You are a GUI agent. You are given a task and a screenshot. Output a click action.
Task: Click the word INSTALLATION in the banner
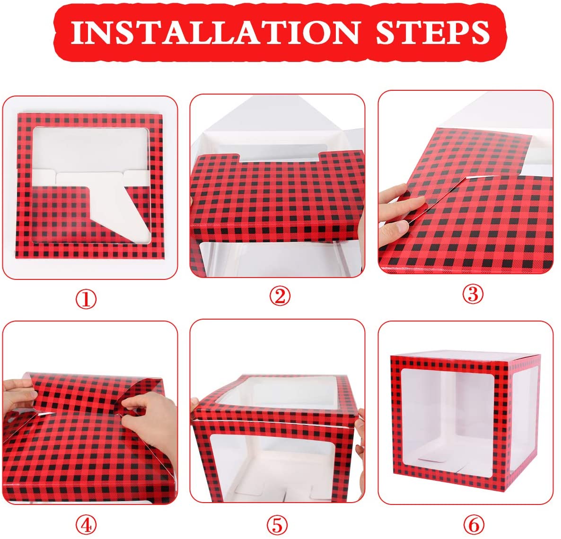215,32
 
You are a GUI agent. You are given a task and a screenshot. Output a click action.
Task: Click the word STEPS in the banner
432,32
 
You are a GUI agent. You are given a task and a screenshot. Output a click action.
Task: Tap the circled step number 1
86,299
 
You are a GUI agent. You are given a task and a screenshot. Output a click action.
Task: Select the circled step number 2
280,296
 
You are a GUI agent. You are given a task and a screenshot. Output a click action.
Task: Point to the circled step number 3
473,294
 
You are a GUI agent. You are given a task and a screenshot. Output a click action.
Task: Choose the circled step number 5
278,525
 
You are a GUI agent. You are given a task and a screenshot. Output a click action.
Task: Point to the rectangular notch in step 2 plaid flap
280,157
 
